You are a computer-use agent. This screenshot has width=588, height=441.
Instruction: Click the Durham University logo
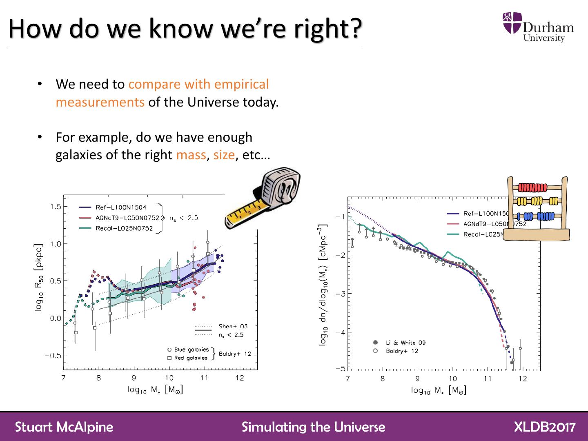(x=538, y=27)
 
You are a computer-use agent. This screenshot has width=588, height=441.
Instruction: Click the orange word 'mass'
(x=191, y=155)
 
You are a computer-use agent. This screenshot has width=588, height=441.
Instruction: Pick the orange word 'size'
(x=224, y=155)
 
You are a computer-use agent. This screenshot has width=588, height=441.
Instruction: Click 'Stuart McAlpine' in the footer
(x=64, y=427)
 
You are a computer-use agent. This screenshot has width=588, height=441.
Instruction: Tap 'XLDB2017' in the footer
(x=545, y=427)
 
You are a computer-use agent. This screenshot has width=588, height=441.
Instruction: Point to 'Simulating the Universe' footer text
(x=313, y=427)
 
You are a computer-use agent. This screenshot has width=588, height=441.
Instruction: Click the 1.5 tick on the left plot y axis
(x=56, y=207)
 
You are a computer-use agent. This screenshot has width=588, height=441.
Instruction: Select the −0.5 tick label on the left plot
(x=53, y=355)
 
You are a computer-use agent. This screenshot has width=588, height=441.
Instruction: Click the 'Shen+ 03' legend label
(x=233, y=326)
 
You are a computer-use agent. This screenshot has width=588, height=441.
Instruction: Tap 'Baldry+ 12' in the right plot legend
(x=402, y=351)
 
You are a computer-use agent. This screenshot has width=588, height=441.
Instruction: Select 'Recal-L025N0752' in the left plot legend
(x=124, y=228)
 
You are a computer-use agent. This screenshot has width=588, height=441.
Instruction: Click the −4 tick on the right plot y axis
(x=340, y=332)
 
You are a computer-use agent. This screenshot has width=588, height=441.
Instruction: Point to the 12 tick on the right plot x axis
(x=523, y=379)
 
